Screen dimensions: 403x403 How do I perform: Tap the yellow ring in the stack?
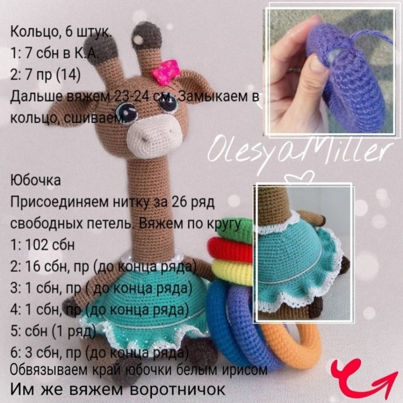tap(234, 268)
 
